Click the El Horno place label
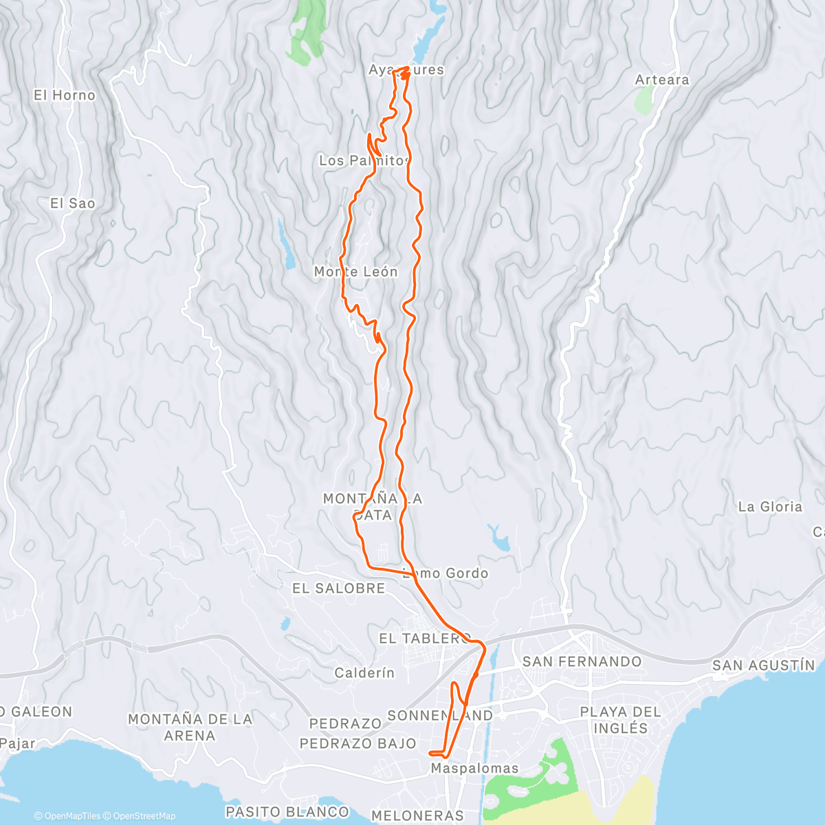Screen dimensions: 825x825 coord(65,96)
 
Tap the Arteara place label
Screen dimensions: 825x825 coord(661,80)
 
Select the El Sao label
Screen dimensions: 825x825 coord(72,203)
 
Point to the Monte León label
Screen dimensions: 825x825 coord(355,272)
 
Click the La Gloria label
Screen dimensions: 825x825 coord(769,507)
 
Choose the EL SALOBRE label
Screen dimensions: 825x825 coord(338,588)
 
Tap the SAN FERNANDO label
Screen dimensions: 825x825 coord(582,661)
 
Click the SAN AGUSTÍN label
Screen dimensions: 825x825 coord(763,665)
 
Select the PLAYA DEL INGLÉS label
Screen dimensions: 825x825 coord(620,720)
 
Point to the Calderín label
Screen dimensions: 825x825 coord(364,673)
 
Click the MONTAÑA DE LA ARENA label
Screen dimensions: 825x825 coord(190,727)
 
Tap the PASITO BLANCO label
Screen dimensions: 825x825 coord(287,812)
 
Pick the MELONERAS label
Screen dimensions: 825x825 coord(417,815)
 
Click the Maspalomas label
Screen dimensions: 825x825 coord(474,769)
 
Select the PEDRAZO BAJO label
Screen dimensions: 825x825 coord(357,743)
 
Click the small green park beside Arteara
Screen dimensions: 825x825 coord(644,100)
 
